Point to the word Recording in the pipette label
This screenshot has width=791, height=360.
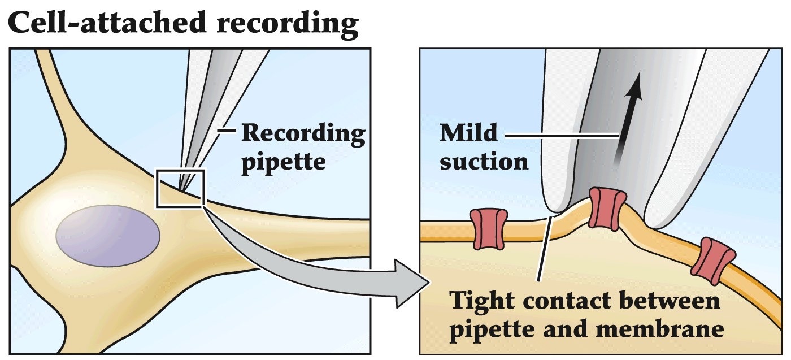coord(303,134)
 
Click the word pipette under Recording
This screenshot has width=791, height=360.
coord(284,161)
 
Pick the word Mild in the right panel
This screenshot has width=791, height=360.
coord(469,134)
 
